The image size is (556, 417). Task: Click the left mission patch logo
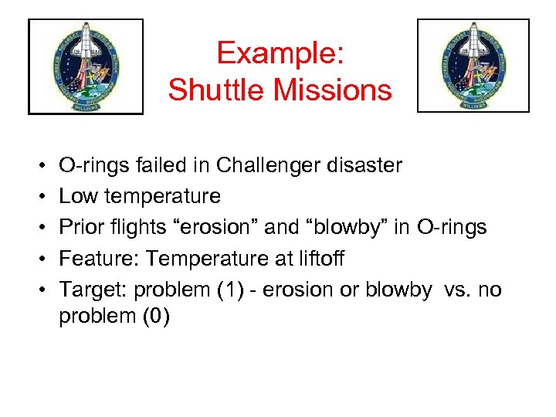coord(86,67)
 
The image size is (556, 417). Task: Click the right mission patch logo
coord(473,66)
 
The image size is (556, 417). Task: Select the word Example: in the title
coord(280,53)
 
